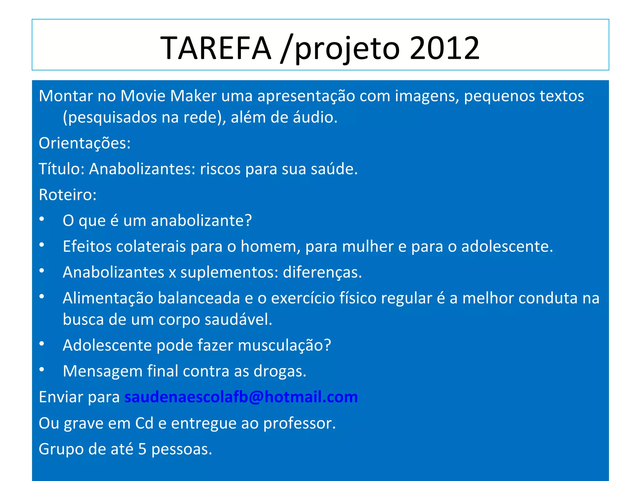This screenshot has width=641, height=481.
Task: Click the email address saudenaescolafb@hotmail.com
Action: [241, 397]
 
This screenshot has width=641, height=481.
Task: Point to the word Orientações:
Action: [85, 143]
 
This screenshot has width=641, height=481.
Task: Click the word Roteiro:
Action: [68, 195]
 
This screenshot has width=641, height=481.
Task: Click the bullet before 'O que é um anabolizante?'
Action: [42, 219]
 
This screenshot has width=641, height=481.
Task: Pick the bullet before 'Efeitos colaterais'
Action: [42, 245]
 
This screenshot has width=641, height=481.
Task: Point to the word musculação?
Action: [284, 345]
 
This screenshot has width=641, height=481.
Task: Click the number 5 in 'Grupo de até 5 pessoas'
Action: [142, 449]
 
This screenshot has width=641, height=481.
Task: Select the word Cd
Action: [144, 423]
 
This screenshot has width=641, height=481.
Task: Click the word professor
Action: [299, 424]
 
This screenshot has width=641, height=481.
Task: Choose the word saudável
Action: [238, 320]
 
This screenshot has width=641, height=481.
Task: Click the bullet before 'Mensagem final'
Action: [42, 370]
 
